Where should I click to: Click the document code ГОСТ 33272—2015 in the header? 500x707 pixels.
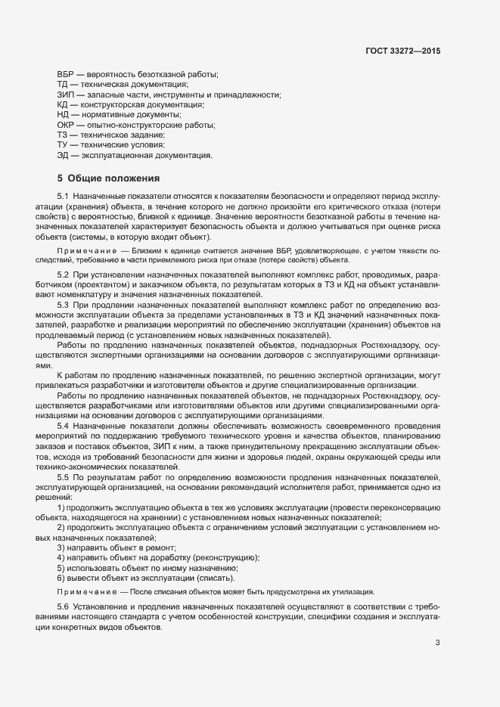click(401, 51)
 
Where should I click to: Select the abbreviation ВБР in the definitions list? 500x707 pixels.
click(66, 74)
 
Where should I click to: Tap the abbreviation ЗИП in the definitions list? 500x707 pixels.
click(66, 95)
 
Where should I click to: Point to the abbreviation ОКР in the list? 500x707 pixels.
click(66, 125)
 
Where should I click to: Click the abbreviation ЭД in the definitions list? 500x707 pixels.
click(64, 155)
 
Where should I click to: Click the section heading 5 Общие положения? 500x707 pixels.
click(108, 178)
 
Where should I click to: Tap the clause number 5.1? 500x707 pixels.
click(64, 196)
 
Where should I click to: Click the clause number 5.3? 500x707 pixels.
click(64, 304)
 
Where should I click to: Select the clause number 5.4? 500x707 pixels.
click(64, 426)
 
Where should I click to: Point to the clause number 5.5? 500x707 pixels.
click(64, 479)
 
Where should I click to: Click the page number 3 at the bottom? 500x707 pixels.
click(437, 643)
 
